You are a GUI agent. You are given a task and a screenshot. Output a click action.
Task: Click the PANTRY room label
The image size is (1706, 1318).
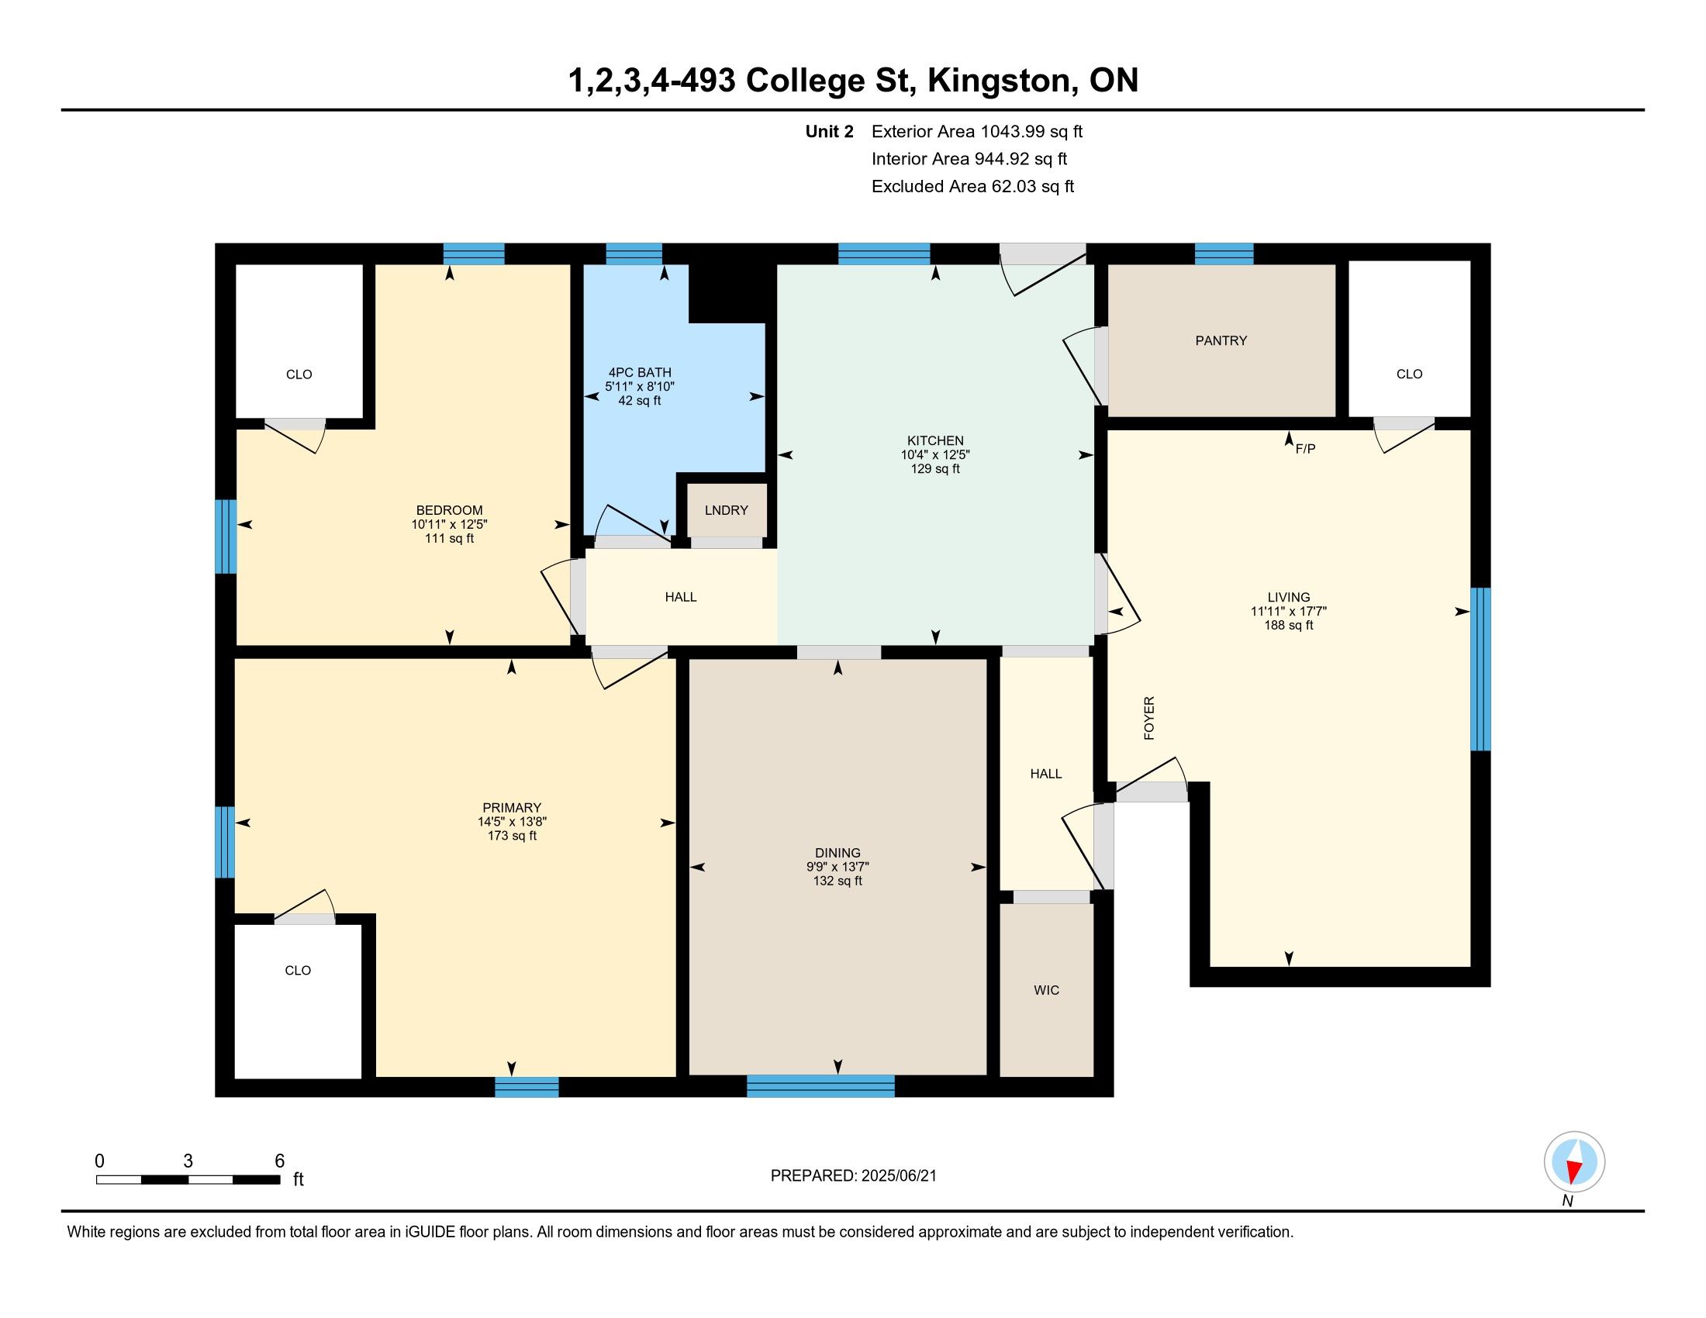[1221, 340]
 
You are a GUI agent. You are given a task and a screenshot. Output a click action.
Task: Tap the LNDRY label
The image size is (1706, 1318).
[727, 510]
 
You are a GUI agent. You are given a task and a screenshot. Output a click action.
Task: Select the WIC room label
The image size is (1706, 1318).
[1047, 990]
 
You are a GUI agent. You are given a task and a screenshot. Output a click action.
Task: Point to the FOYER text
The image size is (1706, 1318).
[1149, 718]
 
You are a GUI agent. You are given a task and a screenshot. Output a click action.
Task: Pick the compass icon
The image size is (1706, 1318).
[1574, 1162]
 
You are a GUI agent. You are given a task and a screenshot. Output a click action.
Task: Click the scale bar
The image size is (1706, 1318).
[188, 1180]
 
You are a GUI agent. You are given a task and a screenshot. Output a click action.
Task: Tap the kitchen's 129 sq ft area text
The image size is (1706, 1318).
[935, 469]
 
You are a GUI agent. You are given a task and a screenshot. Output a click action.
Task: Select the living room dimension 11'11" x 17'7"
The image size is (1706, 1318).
[1289, 612]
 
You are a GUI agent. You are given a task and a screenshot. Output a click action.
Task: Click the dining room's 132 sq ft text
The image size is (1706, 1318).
[837, 881]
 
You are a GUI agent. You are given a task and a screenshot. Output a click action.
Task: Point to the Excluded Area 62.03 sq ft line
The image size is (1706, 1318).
[973, 187]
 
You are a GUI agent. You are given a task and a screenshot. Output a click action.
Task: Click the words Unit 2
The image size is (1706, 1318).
[830, 131]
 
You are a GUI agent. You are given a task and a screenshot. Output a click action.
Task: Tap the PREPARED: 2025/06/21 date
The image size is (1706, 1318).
[853, 1176]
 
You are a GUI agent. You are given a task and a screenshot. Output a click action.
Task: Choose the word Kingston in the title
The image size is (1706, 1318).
[999, 81]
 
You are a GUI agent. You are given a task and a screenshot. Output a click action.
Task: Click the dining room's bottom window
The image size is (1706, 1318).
[820, 1086]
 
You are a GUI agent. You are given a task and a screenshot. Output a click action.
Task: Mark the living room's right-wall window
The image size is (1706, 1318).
[1480, 669]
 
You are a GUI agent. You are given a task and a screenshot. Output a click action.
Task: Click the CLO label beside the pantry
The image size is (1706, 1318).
[1409, 374]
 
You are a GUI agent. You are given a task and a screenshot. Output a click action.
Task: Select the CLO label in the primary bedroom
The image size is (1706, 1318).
[298, 971]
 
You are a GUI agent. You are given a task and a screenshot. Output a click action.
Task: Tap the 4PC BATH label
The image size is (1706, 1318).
[640, 372]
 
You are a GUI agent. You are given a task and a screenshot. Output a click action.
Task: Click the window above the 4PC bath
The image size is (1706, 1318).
[634, 254]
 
